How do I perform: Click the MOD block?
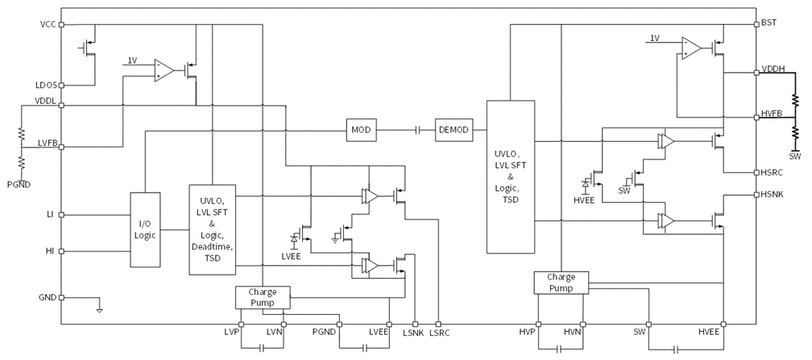360,129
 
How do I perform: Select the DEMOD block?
456,129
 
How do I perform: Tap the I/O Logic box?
144,229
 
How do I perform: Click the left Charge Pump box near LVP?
263,296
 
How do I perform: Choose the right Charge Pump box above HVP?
561,281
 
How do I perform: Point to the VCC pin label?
47,24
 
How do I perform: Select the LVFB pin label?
45,143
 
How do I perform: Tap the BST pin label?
769,24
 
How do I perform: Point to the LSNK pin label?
414,333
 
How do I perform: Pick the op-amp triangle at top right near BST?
690,48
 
